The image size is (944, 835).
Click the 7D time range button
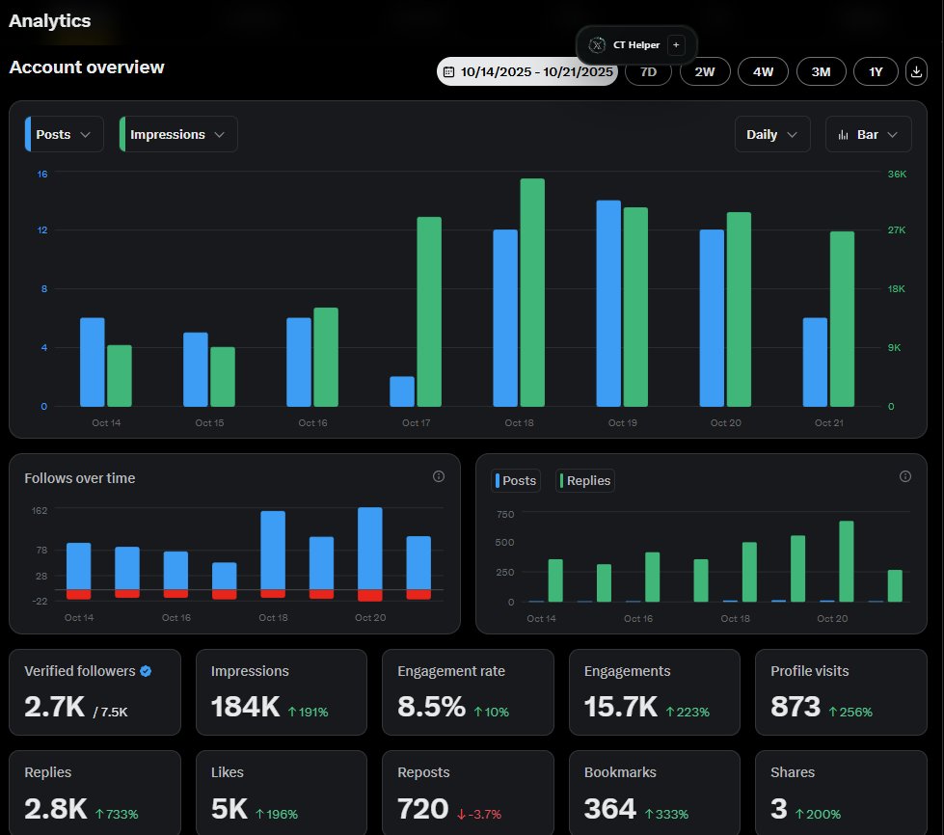click(648, 71)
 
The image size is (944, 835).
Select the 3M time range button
click(820, 71)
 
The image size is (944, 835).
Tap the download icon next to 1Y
click(916, 71)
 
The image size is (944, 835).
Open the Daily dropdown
click(771, 135)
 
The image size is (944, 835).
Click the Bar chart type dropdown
click(868, 135)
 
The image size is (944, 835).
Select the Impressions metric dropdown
click(178, 135)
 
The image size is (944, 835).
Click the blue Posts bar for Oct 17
click(402, 391)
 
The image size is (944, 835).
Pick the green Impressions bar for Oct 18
click(532, 293)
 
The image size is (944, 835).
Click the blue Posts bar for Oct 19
click(608, 304)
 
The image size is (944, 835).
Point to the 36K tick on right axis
click(897, 175)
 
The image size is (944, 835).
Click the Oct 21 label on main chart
click(828, 423)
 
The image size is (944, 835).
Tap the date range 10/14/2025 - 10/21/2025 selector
click(527, 71)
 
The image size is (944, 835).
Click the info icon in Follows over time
click(439, 476)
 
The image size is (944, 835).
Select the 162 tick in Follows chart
click(40, 510)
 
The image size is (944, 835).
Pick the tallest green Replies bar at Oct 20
click(846, 562)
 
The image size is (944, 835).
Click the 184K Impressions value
click(244, 707)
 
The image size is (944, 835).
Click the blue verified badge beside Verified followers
click(146, 671)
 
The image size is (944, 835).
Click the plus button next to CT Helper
click(675, 44)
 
